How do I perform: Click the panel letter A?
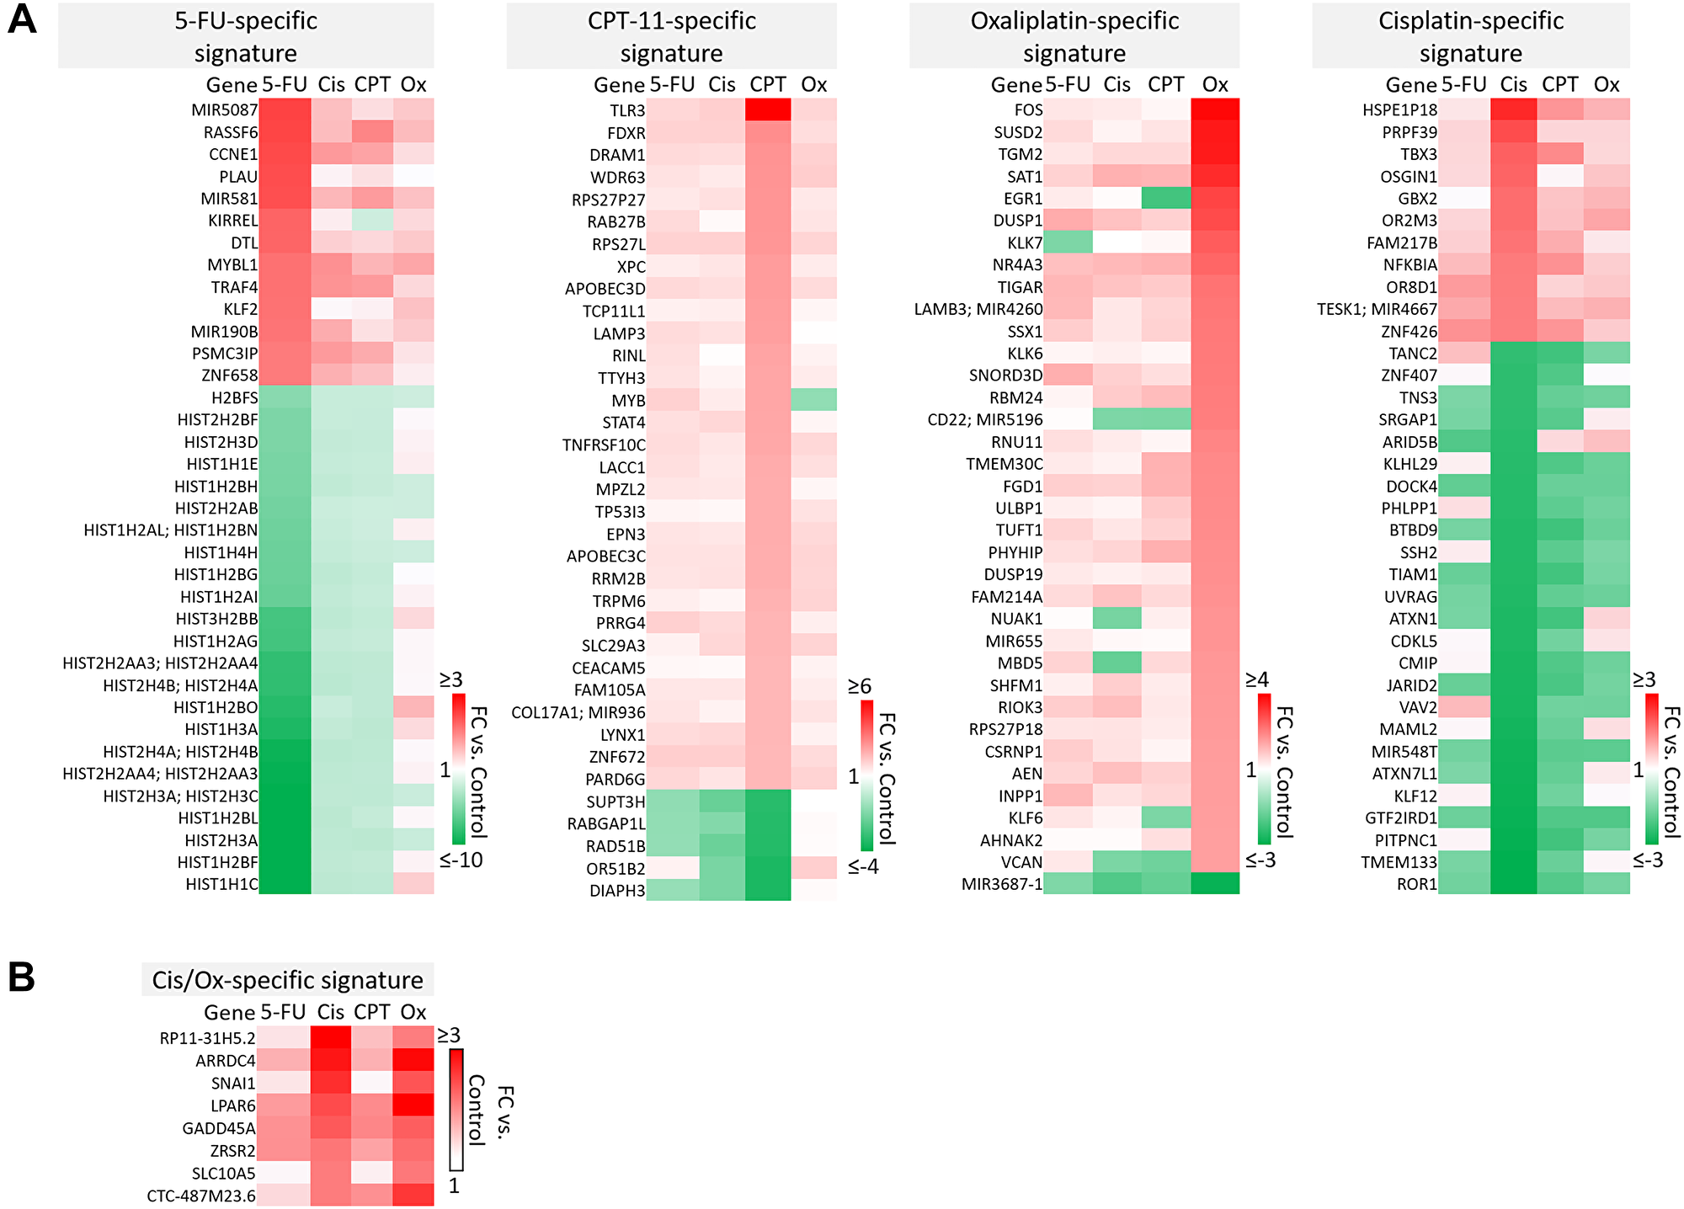21,19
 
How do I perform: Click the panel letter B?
21,977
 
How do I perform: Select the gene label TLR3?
627,110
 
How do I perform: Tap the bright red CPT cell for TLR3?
767,110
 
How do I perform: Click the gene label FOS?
1028,110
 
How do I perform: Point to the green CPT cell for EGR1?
1166,199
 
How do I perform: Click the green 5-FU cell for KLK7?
1068,242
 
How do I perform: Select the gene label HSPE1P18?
1399,110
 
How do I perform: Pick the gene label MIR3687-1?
1002,884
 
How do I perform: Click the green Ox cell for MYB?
813,399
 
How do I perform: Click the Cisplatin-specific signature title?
1470,36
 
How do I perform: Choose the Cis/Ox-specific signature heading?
287,980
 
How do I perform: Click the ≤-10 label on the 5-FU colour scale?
461,860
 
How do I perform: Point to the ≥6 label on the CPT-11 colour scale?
860,686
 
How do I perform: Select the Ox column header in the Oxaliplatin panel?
1215,84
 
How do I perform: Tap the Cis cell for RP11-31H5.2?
331,1038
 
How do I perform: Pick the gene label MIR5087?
224,110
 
